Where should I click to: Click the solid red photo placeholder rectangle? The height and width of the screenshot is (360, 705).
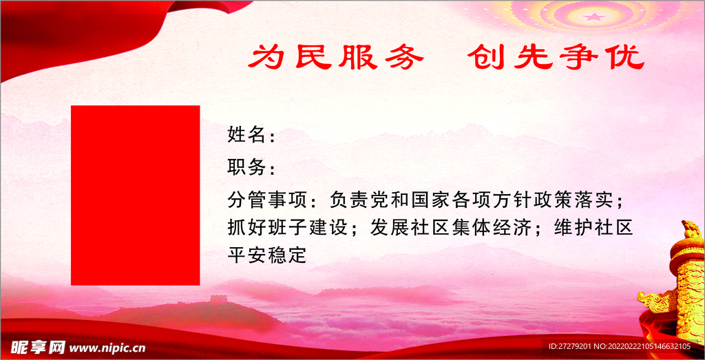pos(135,195)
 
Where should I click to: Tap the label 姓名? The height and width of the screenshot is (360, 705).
pos(246,135)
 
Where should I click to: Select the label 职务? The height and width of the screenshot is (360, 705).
pos(246,167)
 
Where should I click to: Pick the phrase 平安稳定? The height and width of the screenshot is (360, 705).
pos(266,255)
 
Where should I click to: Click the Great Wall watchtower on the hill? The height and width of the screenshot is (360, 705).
pos(218,299)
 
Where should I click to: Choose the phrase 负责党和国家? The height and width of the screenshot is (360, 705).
pos(389,200)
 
